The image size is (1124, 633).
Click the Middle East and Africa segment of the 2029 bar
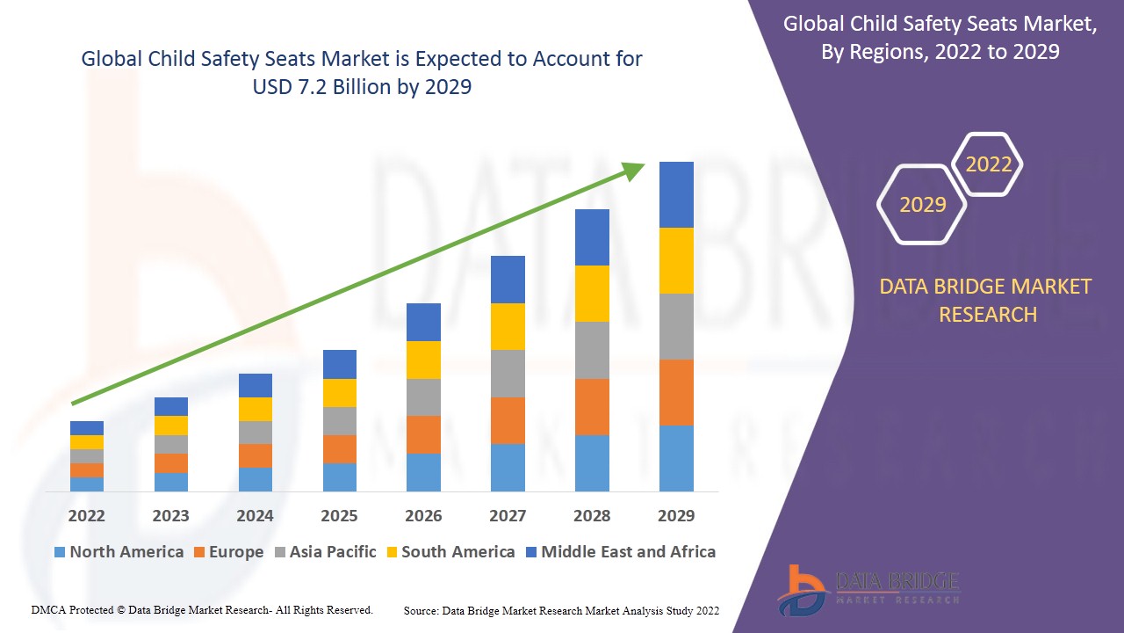(676, 194)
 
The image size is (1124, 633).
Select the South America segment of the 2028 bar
(592, 293)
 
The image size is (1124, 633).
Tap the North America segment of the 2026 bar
(423, 472)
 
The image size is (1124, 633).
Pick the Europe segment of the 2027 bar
(508, 420)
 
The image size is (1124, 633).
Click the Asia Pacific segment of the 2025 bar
(339, 420)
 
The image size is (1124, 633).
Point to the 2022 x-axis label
(86, 515)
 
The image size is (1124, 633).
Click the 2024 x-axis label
(255, 515)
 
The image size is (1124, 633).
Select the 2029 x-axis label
(676, 515)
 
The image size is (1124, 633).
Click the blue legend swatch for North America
(60, 552)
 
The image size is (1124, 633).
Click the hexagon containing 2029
(922, 205)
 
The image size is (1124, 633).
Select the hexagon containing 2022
(989, 164)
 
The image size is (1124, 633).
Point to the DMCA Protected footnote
(202, 609)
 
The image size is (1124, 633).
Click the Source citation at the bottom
(562, 610)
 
